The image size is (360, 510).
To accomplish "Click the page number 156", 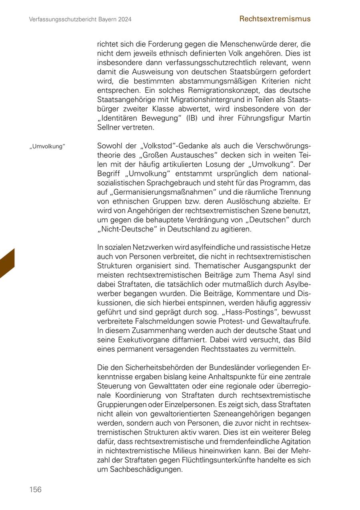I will pos(35,490).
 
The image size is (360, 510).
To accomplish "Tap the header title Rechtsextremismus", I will pos(275,19).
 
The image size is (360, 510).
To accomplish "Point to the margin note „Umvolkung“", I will pos(47,146).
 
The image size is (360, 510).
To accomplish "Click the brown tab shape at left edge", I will pos(7,263).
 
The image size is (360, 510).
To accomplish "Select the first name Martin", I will pos(299,118).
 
